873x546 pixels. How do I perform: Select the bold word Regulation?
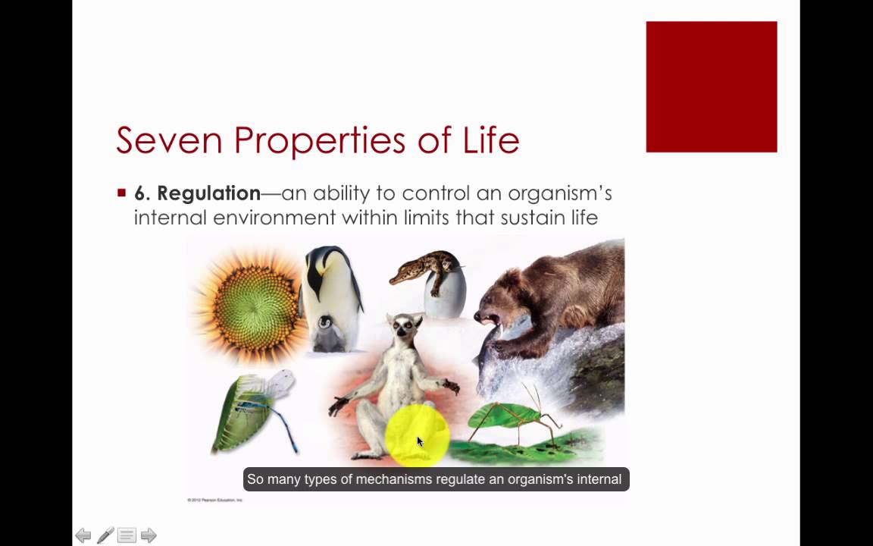[208, 193]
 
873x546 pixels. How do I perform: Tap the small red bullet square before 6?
[121, 193]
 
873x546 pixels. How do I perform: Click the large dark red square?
[711, 86]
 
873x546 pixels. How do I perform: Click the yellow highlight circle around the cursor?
[417, 435]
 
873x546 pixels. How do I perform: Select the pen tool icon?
[105, 535]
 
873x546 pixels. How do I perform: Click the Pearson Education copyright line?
[214, 500]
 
